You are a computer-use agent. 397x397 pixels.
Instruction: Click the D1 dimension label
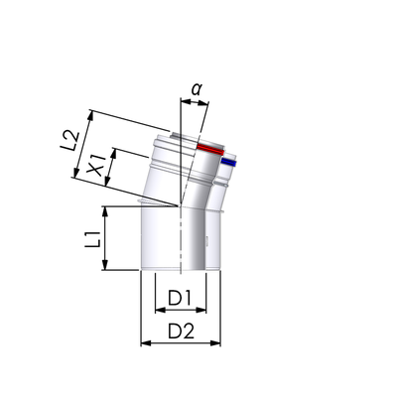coord(180,298)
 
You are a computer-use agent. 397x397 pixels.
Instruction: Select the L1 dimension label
coord(93,240)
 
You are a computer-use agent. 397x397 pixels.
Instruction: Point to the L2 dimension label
coord(70,141)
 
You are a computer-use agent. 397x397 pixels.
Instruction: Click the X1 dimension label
coord(96,166)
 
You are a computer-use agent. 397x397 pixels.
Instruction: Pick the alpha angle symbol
coord(197,89)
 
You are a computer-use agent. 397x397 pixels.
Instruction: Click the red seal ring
coord(210,149)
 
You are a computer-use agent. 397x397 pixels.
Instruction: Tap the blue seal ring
coord(229,162)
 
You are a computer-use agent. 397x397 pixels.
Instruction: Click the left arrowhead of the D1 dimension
coord(160,310)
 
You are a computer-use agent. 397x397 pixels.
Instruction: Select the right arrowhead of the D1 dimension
coord(201,310)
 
